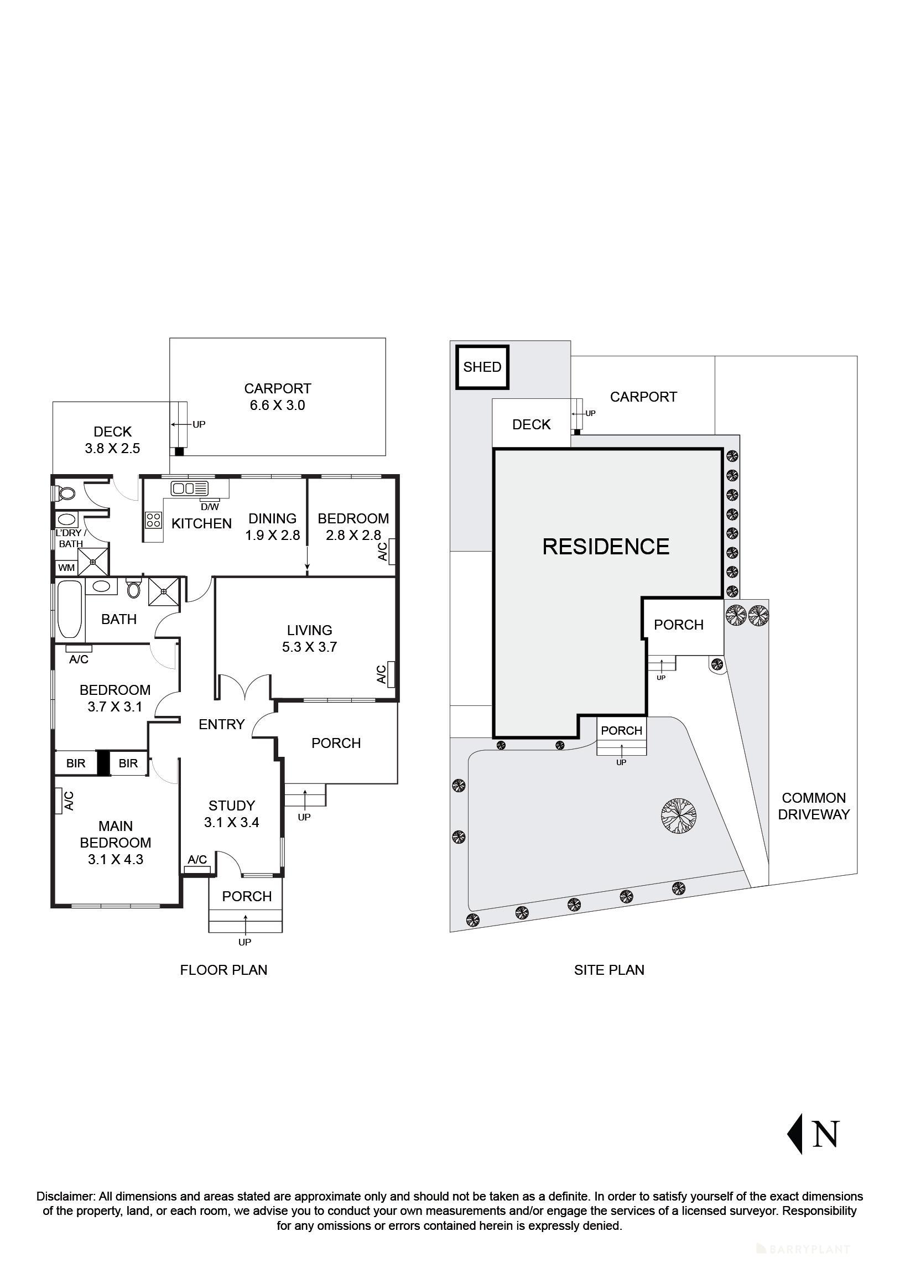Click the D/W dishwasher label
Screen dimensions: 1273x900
tap(210, 507)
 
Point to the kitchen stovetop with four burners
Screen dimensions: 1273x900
tap(154, 519)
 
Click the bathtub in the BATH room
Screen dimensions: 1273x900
tap(70, 608)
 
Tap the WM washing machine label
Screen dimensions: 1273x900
tap(66, 568)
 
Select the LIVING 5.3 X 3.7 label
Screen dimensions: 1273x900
tap(309, 638)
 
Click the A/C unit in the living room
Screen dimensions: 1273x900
tap(391, 674)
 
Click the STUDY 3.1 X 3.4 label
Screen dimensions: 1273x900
tap(231, 813)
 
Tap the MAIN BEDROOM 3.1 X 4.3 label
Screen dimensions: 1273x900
tap(116, 842)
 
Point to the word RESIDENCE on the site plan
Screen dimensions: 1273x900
tap(606, 547)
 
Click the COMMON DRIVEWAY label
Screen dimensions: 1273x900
tap(814, 806)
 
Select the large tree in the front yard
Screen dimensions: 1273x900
tap(679, 815)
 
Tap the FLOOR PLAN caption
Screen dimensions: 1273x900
tap(223, 970)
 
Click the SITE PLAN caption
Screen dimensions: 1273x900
tap(609, 970)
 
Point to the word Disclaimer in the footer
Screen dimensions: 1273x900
tap(66, 1197)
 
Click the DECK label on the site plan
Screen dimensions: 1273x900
tap(531, 424)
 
